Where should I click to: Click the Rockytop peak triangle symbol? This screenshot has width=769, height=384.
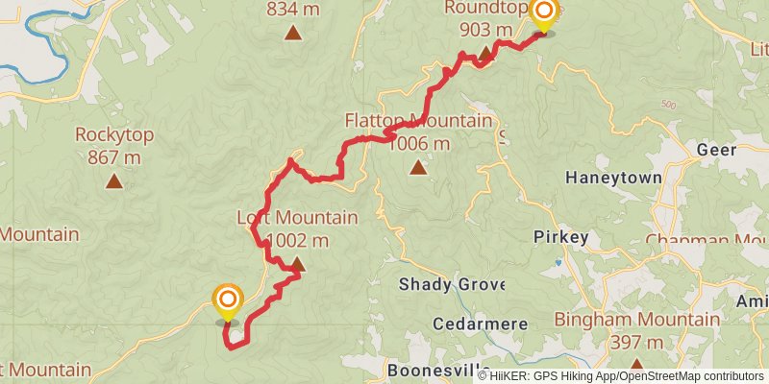pos(114,180)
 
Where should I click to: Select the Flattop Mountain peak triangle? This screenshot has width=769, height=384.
pos(418,168)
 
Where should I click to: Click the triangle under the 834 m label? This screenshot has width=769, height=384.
pos(293,34)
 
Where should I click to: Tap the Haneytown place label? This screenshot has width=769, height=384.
pos(613,179)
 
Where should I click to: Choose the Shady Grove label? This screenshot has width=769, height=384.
pos(445,284)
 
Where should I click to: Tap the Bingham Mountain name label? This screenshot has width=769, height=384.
pos(637,320)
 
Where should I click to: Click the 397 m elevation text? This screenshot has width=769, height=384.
pos(637,342)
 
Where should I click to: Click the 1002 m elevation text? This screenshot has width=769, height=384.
pos(297,240)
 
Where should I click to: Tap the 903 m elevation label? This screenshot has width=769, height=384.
pos(486,29)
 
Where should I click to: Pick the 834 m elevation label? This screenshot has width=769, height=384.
pos(293,10)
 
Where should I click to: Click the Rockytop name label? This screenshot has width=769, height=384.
pos(114,135)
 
